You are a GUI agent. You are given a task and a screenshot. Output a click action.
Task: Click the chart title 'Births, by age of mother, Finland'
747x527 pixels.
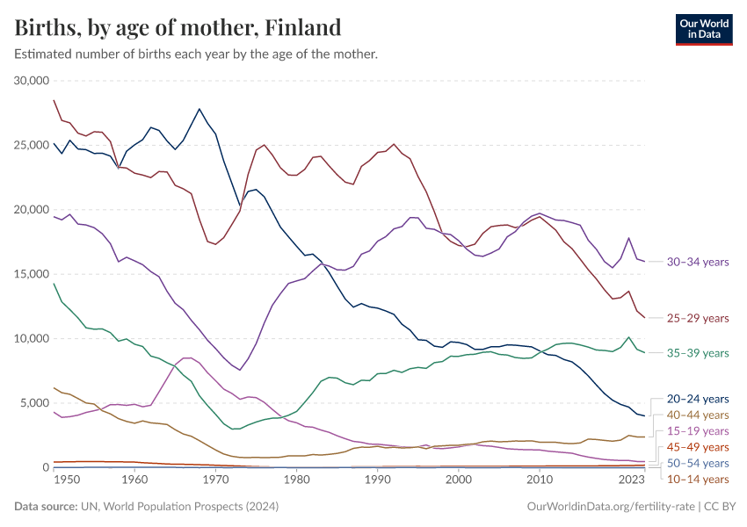(x=178, y=27)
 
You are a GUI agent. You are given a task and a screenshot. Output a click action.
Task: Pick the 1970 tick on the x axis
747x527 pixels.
(x=215, y=480)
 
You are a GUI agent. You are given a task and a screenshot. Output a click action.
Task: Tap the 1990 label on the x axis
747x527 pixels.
(x=377, y=480)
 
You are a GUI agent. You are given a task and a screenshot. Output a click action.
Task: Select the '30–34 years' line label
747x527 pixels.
(x=698, y=262)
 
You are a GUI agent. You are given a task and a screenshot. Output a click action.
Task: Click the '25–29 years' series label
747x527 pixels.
(x=698, y=318)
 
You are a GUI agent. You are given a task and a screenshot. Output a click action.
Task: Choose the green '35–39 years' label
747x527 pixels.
(x=698, y=353)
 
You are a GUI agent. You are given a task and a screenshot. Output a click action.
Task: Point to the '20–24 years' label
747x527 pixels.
(x=698, y=399)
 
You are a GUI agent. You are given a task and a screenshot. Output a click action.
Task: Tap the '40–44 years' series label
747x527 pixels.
(x=698, y=415)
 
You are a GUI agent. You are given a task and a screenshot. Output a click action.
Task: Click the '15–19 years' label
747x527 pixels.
(x=698, y=431)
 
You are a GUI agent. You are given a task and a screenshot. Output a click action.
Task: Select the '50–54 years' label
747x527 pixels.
(x=698, y=463)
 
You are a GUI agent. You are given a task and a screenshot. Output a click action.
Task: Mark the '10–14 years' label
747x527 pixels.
(x=698, y=479)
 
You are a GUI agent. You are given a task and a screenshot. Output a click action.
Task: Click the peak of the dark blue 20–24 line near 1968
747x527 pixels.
(x=199, y=109)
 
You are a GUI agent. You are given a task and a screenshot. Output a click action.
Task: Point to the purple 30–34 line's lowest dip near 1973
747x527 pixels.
(x=239, y=370)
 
